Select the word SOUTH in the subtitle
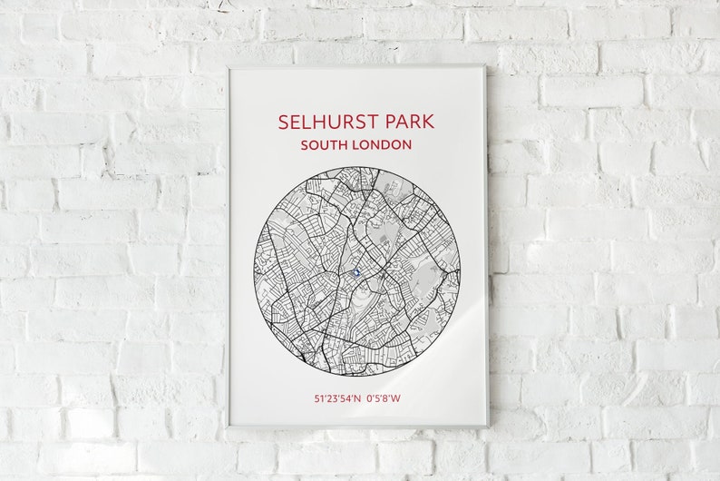[324, 144]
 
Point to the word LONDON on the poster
[382, 144]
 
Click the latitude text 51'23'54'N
[336, 398]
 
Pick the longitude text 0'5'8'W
[384, 398]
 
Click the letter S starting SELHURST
[284, 122]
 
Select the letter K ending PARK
[428, 122]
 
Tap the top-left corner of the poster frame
[228, 65]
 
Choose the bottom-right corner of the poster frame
[488, 427]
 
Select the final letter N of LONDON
[407, 144]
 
